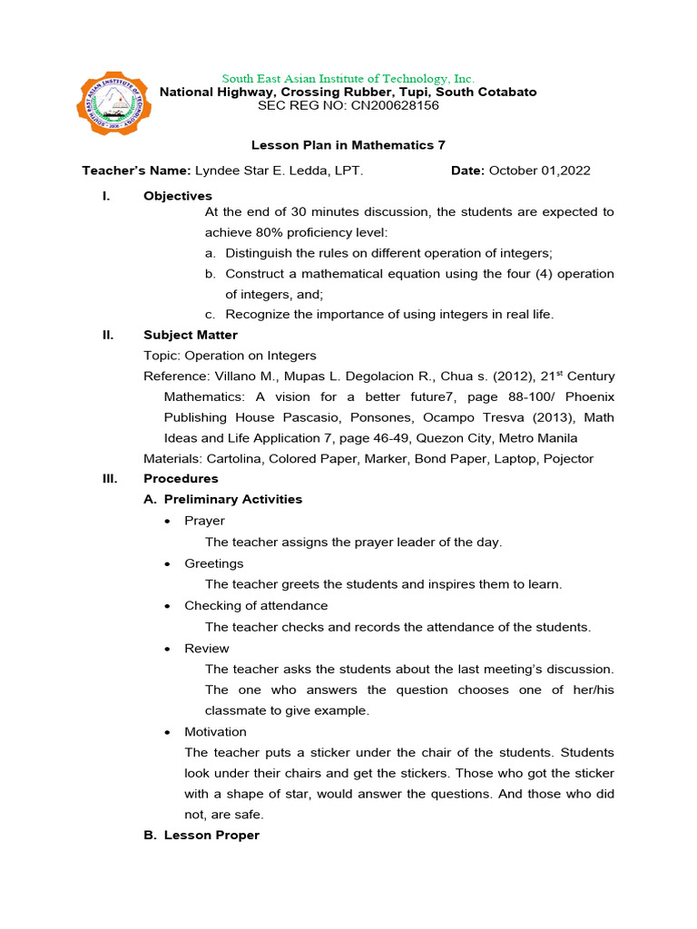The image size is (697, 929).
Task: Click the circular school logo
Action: click(113, 109)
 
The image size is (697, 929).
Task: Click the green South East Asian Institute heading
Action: click(348, 79)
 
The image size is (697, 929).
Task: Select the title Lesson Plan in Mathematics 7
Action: click(348, 145)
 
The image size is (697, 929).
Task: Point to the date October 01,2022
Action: click(541, 171)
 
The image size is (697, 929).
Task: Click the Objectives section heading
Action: click(178, 196)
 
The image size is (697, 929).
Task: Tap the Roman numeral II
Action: click(108, 335)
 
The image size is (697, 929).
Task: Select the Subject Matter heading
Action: click(191, 335)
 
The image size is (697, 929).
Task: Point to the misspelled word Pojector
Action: click(568, 459)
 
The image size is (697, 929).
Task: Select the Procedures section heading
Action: click(181, 479)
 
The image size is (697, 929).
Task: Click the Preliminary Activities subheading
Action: click(233, 500)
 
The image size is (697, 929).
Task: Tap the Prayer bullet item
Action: click(204, 521)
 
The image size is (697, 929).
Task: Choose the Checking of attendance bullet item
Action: click(256, 605)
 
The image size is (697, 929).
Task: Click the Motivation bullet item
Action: click(215, 731)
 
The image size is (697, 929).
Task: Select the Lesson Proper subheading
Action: click(211, 836)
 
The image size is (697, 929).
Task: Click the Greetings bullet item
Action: click(214, 563)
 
